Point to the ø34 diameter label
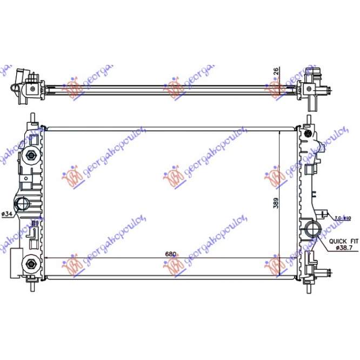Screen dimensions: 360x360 click(x=7, y=214)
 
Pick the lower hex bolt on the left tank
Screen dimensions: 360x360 click(x=30, y=264)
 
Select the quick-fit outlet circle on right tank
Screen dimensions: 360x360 click(x=312, y=229)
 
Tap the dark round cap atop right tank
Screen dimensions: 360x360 click(x=308, y=131)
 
